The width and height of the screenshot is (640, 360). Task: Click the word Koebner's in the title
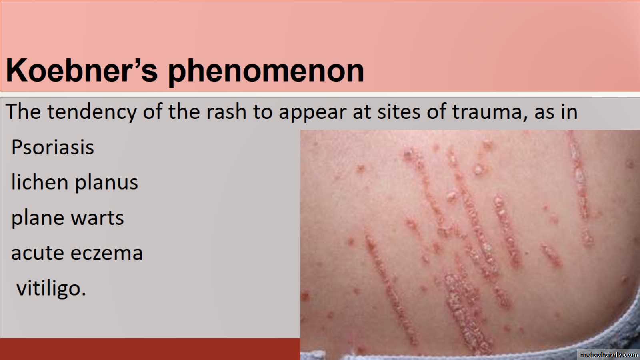pos(82,70)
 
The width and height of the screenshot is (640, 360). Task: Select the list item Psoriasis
pos(52,147)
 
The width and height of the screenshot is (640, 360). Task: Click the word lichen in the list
pos(40,182)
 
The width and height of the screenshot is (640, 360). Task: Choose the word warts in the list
pos(97,218)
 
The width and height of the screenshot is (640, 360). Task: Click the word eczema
pos(106,253)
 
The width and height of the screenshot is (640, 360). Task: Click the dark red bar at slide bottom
pos(150,349)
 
